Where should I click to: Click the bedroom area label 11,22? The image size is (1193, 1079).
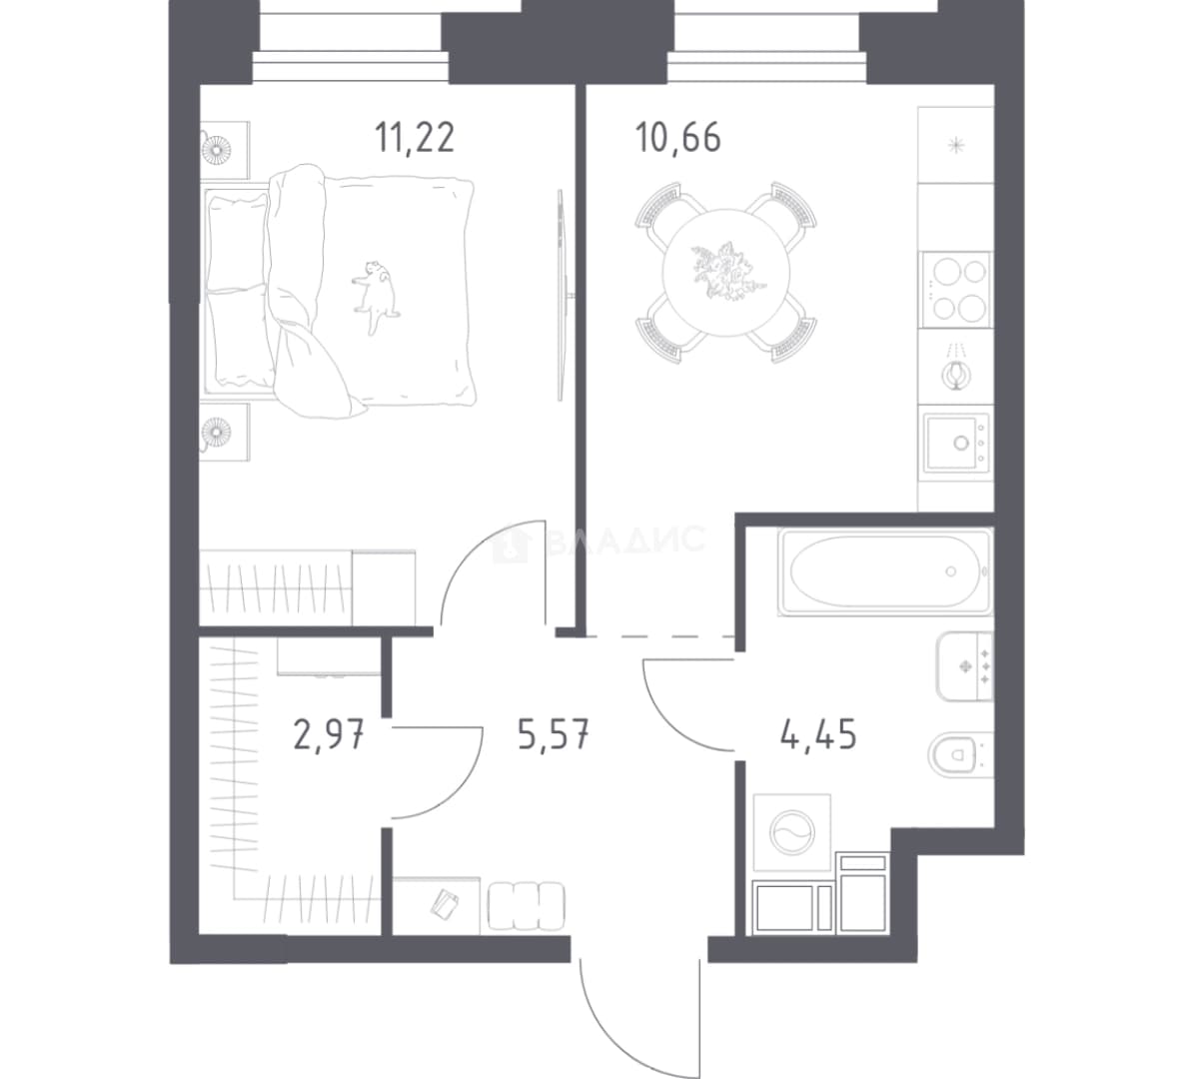point(414,138)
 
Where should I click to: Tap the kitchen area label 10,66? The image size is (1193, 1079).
point(677,138)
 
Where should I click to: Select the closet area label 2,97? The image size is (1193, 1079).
point(329,736)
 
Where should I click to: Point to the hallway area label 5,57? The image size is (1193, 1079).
point(554,735)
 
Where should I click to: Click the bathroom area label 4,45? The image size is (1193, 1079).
point(818,736)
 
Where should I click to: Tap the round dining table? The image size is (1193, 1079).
point(726,273)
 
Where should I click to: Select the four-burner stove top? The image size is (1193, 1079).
point(955,289)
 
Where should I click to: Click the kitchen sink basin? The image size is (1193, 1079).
point(958,443)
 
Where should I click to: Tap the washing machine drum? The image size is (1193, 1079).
point(792,831)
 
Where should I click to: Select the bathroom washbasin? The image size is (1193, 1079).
point(965,665)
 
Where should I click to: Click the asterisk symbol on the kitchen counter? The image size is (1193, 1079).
point(955,145)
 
